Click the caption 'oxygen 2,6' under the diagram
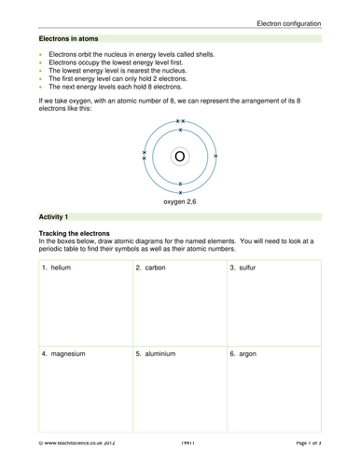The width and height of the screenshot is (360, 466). (181, 200)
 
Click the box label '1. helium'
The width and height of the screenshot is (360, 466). (59, 268)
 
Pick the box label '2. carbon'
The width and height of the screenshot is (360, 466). (152, 268)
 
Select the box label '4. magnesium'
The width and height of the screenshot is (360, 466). (64, 355)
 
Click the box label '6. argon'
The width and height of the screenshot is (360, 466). (245, 355)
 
